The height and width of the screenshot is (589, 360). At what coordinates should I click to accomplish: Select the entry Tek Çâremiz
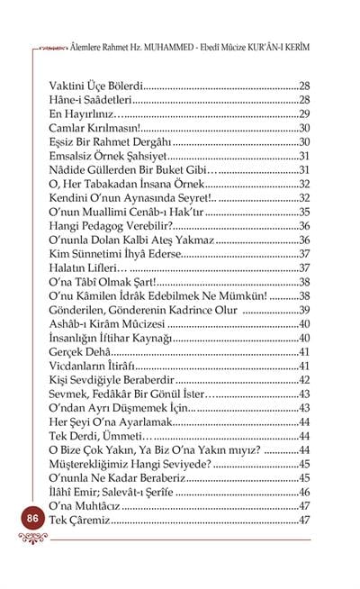79,521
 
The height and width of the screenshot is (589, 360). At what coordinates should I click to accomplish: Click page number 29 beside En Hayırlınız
303,114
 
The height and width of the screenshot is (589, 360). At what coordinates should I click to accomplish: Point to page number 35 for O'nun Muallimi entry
303,212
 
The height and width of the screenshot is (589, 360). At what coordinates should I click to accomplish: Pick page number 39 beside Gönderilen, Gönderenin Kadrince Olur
303,310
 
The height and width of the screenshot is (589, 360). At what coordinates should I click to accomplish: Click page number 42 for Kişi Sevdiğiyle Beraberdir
303,380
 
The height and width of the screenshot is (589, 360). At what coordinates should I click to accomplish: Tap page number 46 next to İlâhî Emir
303,493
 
